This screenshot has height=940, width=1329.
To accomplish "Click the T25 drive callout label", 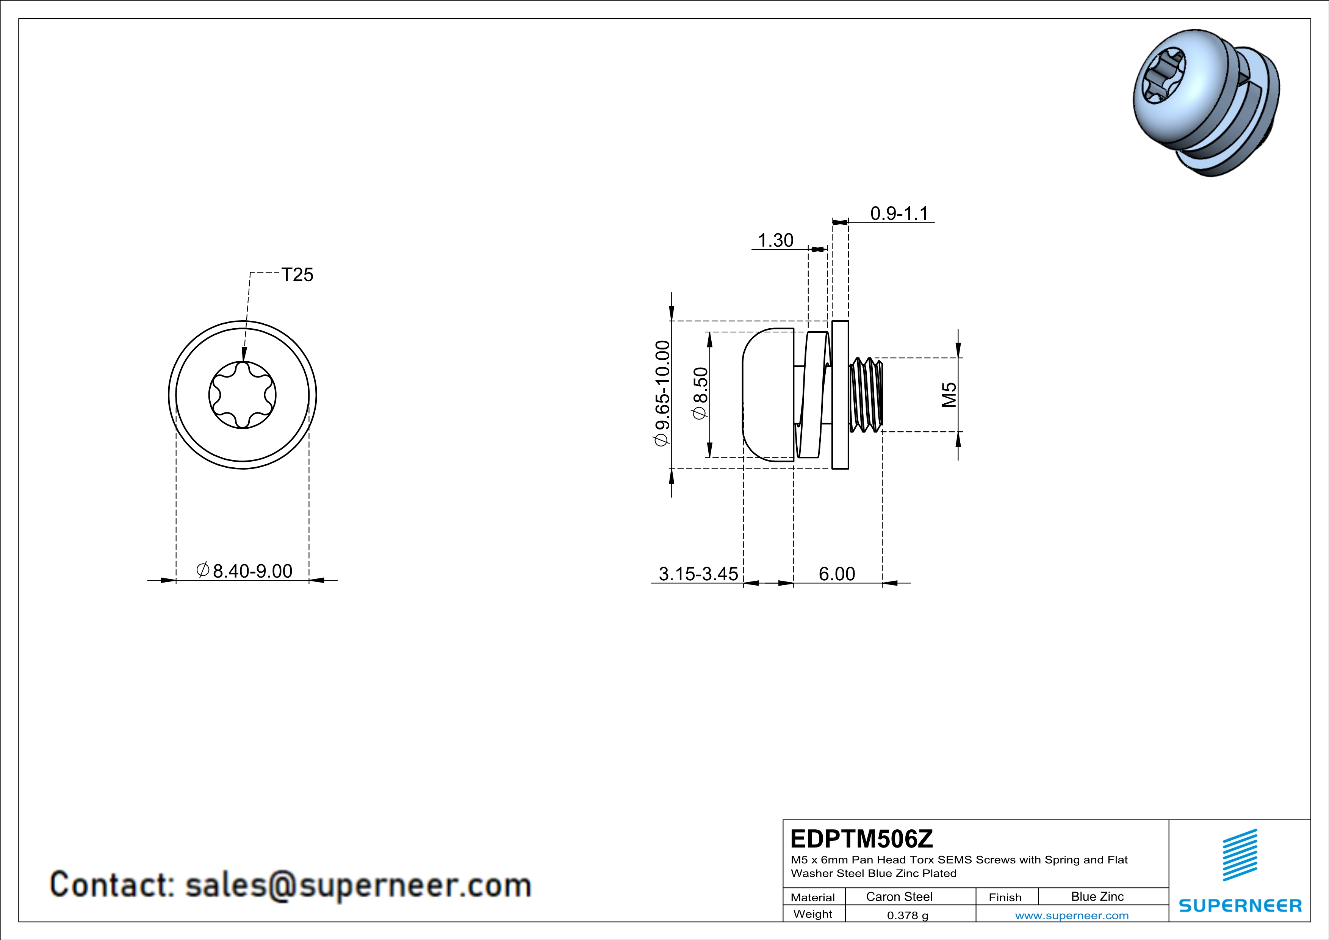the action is tap(297, 274).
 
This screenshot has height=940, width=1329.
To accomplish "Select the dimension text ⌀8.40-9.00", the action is tap(244, 571).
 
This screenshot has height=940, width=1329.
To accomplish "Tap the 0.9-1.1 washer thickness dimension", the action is tap(899, 213).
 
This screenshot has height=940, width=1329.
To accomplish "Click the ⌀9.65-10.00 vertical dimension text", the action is tap(662, 393).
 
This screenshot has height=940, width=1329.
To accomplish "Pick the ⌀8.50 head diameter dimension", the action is tap(700, 393).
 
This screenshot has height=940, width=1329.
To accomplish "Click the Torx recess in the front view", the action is tap(243, 395).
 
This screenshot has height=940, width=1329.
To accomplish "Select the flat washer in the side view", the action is tap(840, 395).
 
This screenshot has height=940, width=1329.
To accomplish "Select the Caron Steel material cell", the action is tap(899, 896).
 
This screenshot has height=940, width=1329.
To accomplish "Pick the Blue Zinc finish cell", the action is tap(1097, 896).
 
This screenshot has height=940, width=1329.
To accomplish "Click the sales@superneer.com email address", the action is tap(358, 885).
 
